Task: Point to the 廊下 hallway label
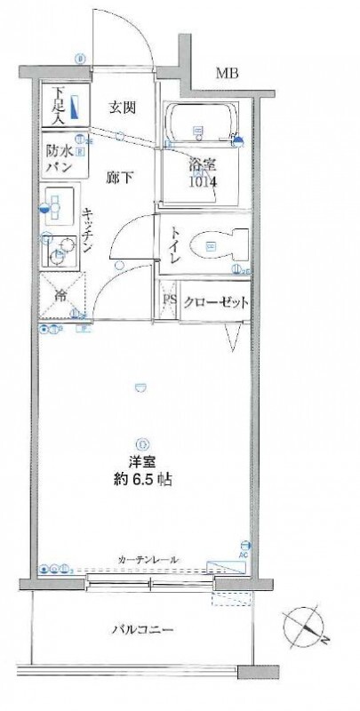[x=122, y=176]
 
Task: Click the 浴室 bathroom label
[x=201, y=165]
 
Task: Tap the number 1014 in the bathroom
[x=202, y=182]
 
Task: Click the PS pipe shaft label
[x=170, y=301]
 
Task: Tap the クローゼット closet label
[x=216, y=301]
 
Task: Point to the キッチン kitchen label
[x=90, y=231]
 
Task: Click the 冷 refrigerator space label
[x=61, y=296]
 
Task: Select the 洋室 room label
[x=140, y=463]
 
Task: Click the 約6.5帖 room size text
[x=142, y=481]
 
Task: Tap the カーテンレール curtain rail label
[x=148, y=559]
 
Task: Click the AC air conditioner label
[x=245, y=554]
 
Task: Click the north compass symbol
[x=306, y=626]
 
